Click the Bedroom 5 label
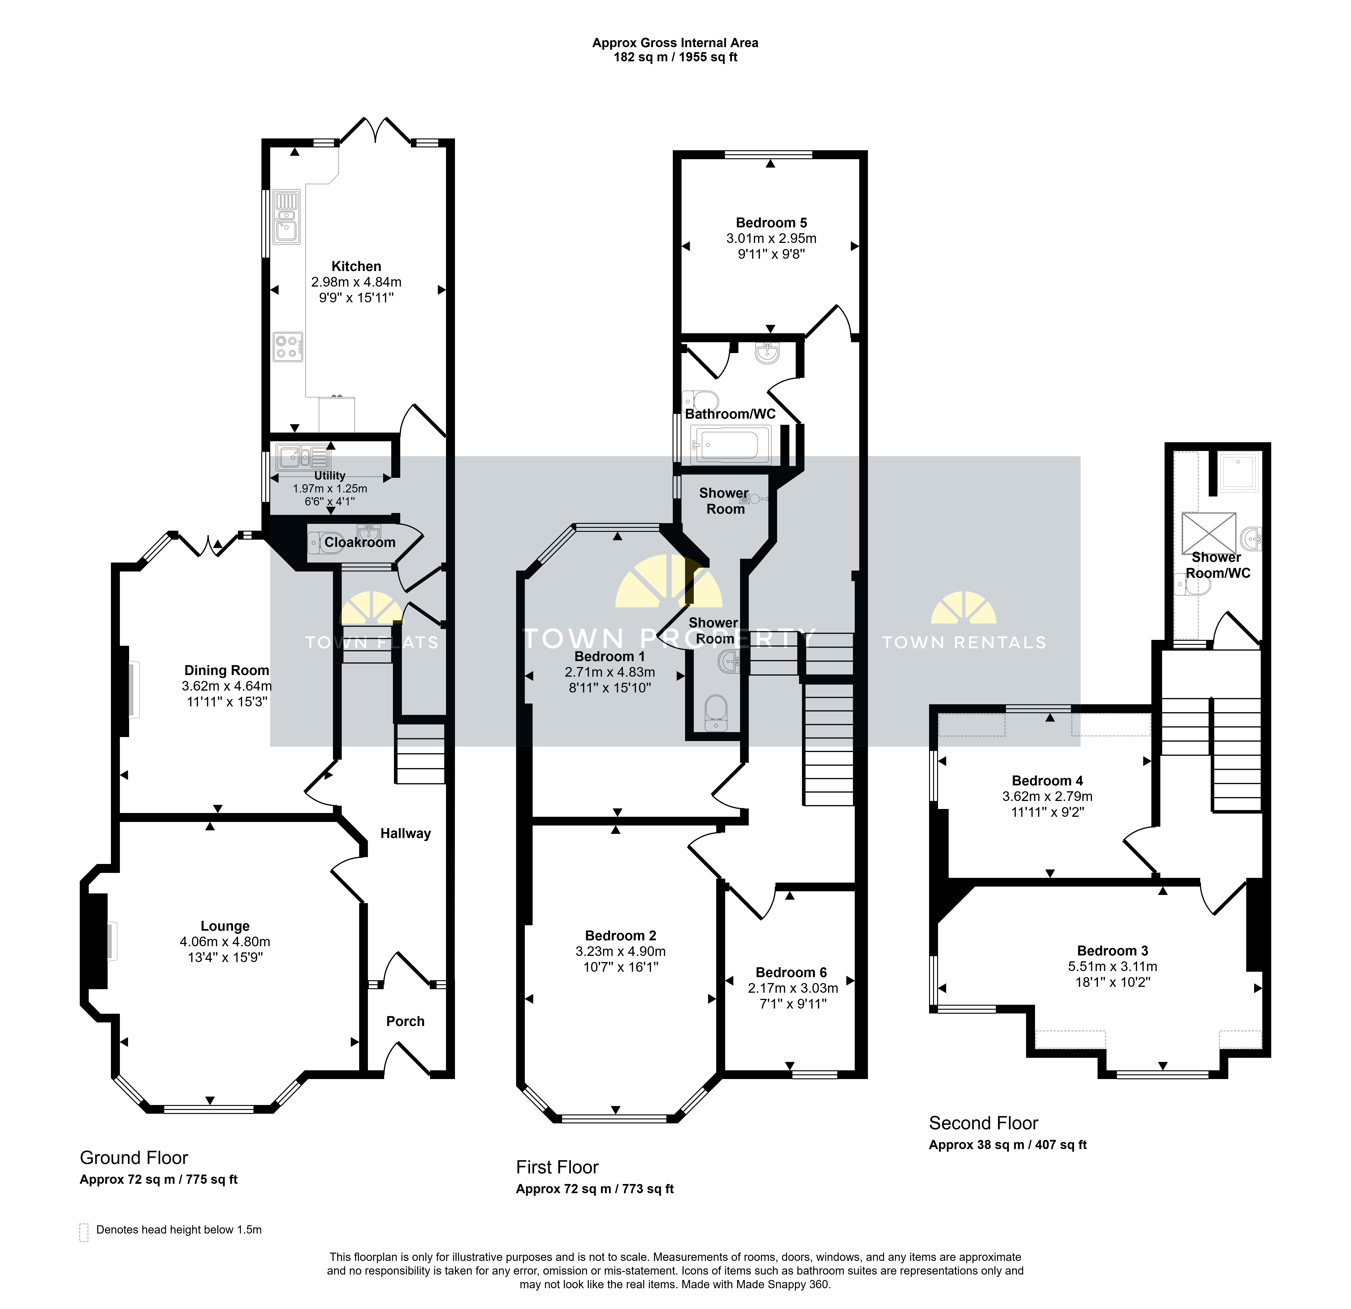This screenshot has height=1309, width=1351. point(771,223)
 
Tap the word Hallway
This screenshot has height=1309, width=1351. point(405,834)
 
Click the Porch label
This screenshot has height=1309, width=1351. point(405,1021)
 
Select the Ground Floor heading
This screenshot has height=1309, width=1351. point(134,1157)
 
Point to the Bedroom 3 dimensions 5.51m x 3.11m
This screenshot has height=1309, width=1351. point(1112,967)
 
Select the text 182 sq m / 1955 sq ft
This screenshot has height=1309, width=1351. point(675,57)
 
